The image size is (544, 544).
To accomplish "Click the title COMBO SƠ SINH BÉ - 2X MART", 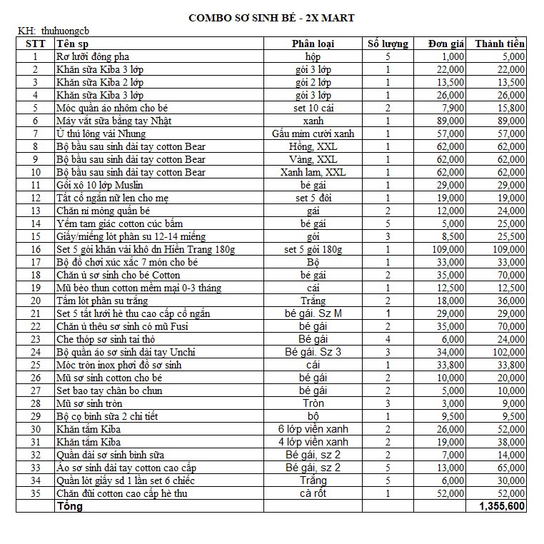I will point(271,16).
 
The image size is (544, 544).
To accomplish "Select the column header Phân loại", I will point(313,44).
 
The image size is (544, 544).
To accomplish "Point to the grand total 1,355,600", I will point(501,506).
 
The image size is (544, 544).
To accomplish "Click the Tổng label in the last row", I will point(69,506).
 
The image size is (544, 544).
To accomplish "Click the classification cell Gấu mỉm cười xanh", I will point(313,134).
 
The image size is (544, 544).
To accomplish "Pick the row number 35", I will point(36,493).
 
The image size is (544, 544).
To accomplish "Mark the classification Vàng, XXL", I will point(313,159).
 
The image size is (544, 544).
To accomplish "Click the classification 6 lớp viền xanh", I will point(313,429).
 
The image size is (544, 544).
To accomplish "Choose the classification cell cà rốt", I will point(313,493).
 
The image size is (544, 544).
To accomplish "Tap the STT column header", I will point(36,44).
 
